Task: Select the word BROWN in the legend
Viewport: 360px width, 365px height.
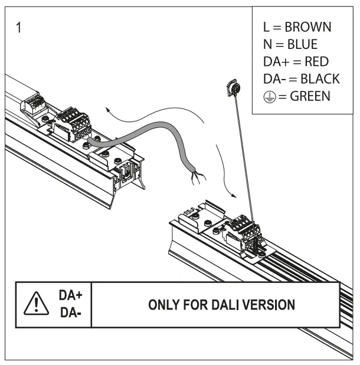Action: point(307,28)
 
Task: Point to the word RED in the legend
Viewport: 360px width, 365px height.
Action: point(315,61)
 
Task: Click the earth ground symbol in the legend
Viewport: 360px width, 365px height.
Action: point(269,96)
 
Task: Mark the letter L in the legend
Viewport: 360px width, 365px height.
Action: point(266,28)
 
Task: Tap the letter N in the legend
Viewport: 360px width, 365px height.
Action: point(267,44)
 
